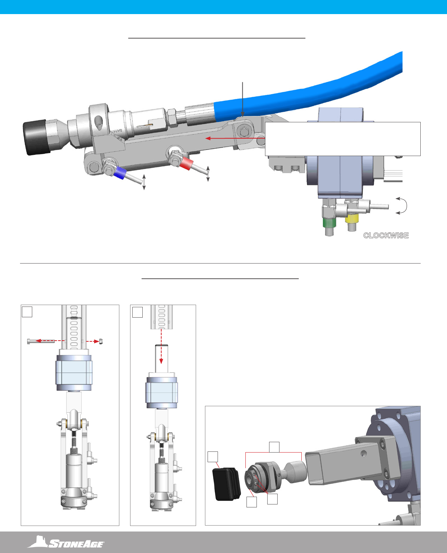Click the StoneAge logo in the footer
point(66,542)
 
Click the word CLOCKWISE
point(386,235)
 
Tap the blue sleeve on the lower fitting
point(120,173)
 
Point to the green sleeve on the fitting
point(329,222)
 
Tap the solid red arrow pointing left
point(235,138)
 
